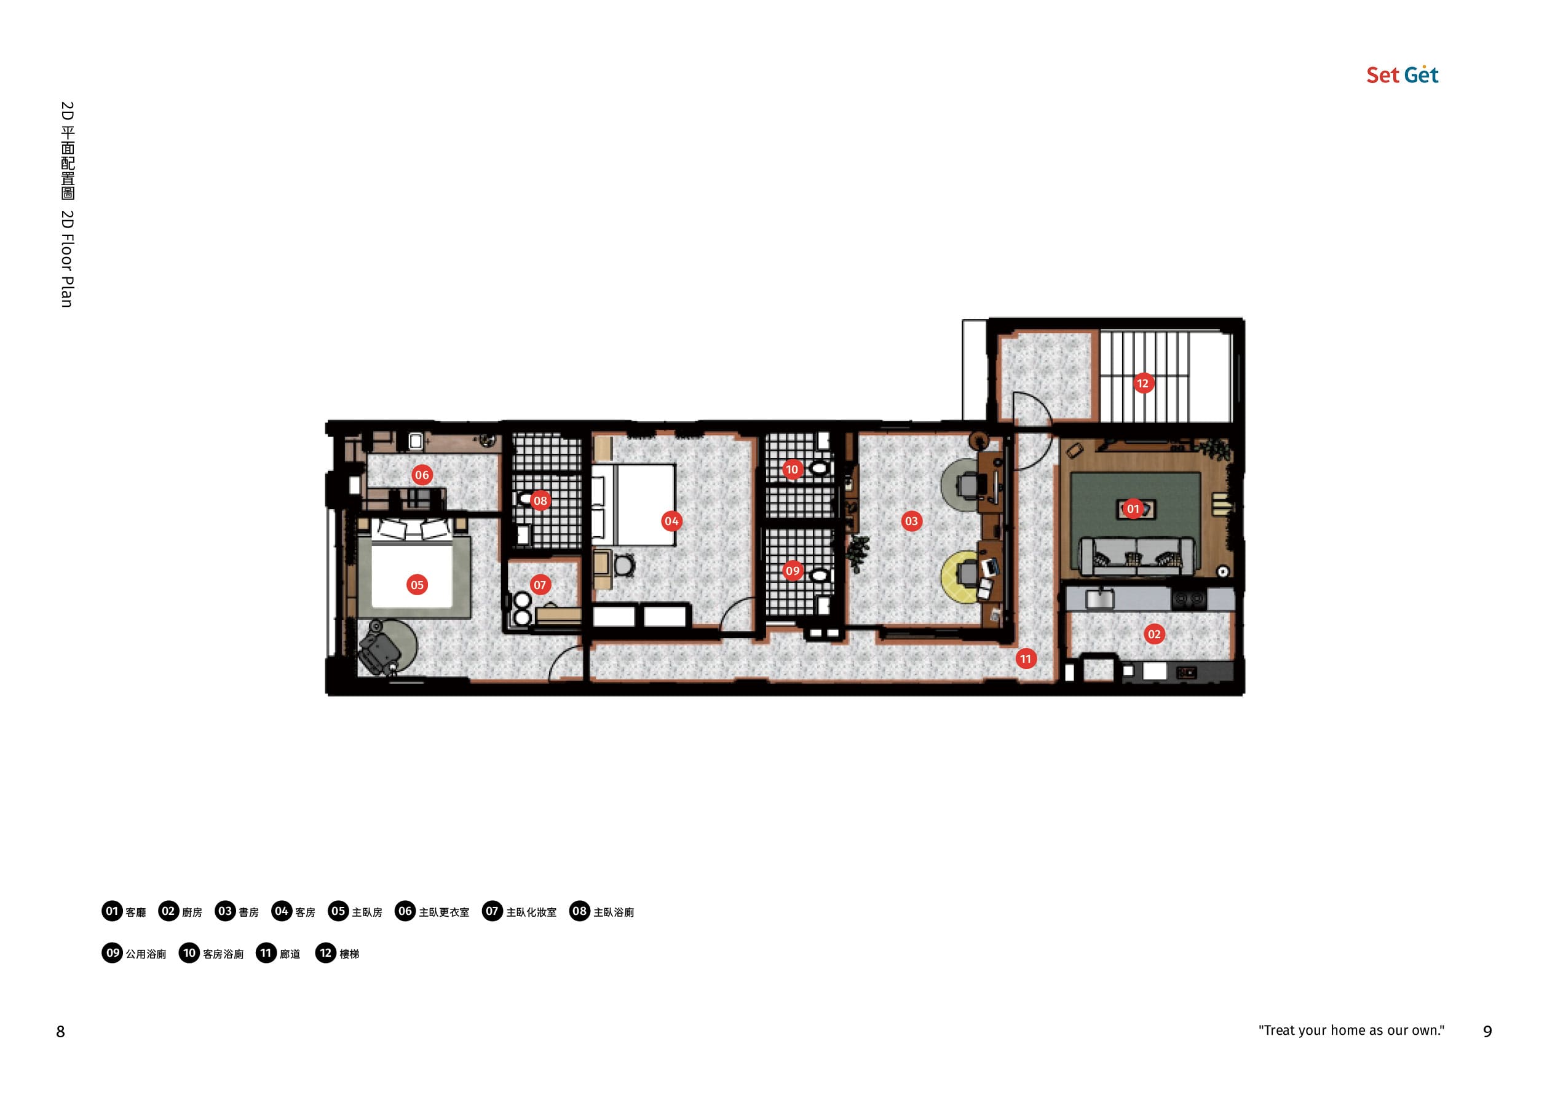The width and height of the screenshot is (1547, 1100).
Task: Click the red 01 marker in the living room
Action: [x=1133, y=508]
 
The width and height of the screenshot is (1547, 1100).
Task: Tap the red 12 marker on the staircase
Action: [x=1142, y=384]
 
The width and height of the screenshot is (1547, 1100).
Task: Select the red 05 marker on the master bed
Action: [x=417, y=585]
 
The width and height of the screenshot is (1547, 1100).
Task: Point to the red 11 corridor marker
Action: [x=1026, y=659]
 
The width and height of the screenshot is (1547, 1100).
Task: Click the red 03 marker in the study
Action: [x=912, y=521]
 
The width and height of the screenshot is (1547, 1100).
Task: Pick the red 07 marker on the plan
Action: [x=540, y=585]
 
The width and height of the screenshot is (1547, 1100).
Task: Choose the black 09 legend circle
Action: [x=113, y=953]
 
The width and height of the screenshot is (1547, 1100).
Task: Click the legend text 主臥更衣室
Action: [x=444, y=912]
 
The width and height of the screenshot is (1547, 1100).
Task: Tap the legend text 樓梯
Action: [x=349, y=954]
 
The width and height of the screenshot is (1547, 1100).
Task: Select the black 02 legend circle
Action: [x=168, y=911]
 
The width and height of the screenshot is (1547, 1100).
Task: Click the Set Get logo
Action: [x=1402, y=74]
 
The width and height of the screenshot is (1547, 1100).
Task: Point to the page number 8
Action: [x=60, y=1032]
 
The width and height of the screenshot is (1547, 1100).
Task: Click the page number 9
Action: [x=1487, y=1032]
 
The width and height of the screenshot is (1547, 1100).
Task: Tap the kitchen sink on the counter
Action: [x=1099, y=599]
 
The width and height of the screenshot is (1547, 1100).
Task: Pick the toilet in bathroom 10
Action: [x=819, y=468]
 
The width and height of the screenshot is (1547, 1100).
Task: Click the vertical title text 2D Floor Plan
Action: [x=67, y=259]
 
